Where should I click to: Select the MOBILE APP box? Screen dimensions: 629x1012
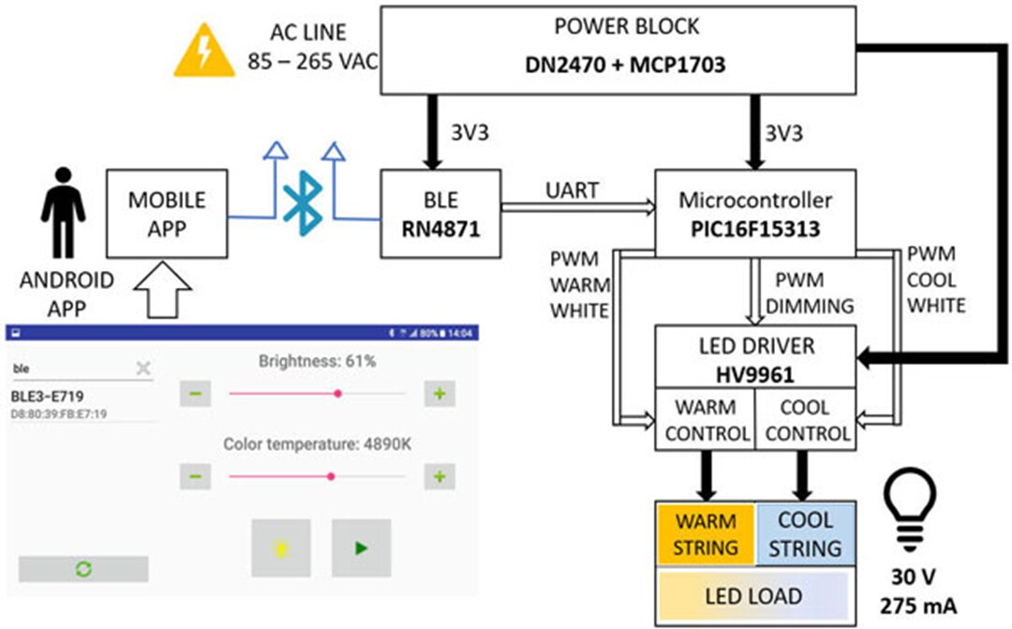click(167, 213)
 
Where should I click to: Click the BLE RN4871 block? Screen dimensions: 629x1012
click(440, 214)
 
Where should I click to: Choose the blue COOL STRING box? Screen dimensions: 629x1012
click(805, 534)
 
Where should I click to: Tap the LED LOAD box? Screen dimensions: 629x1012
click(753, 596)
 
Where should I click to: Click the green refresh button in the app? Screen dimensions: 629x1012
click(83, 569)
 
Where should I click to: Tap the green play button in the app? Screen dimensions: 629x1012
click(361, 548)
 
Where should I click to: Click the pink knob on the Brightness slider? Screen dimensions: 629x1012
click(337, 394)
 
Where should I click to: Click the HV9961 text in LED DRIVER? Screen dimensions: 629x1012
click(754, 374)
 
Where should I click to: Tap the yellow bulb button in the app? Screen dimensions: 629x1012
click(279, 548)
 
